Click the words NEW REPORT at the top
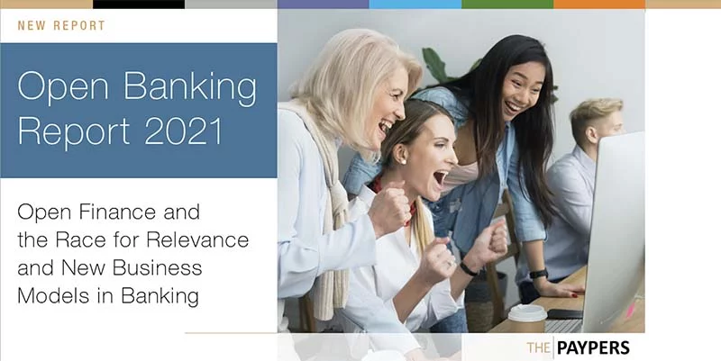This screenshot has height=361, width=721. pyautogui.click(x=61, y=25)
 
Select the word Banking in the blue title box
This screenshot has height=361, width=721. pyautogui.click(x=190, y=87)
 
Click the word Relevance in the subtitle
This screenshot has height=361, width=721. pyautogui.click(x=202, y=239)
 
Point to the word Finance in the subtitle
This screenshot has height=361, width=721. pyautogui.click(x=117, y=212)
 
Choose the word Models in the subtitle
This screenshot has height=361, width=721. pyautogui.click(x=51, y=296)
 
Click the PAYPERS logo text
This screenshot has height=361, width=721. pyautogui.click(x=593, y=347)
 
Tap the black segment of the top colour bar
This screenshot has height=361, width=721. pyautogui.click(x=139, y=5)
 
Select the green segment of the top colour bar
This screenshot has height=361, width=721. pyautogui.click(x=507, y=5)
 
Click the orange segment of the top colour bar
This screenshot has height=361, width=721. pyautogui.click(x=599, y=5)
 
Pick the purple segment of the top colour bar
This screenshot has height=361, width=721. pyautogui.click(x=323, y=5)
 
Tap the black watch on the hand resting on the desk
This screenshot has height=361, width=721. pyautogui.click(x=538, y=275)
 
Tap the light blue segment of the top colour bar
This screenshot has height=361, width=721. pyautogui.click(x=415, y=5)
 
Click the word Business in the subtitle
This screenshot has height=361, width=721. pyautogui.click(x=157, y=267)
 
